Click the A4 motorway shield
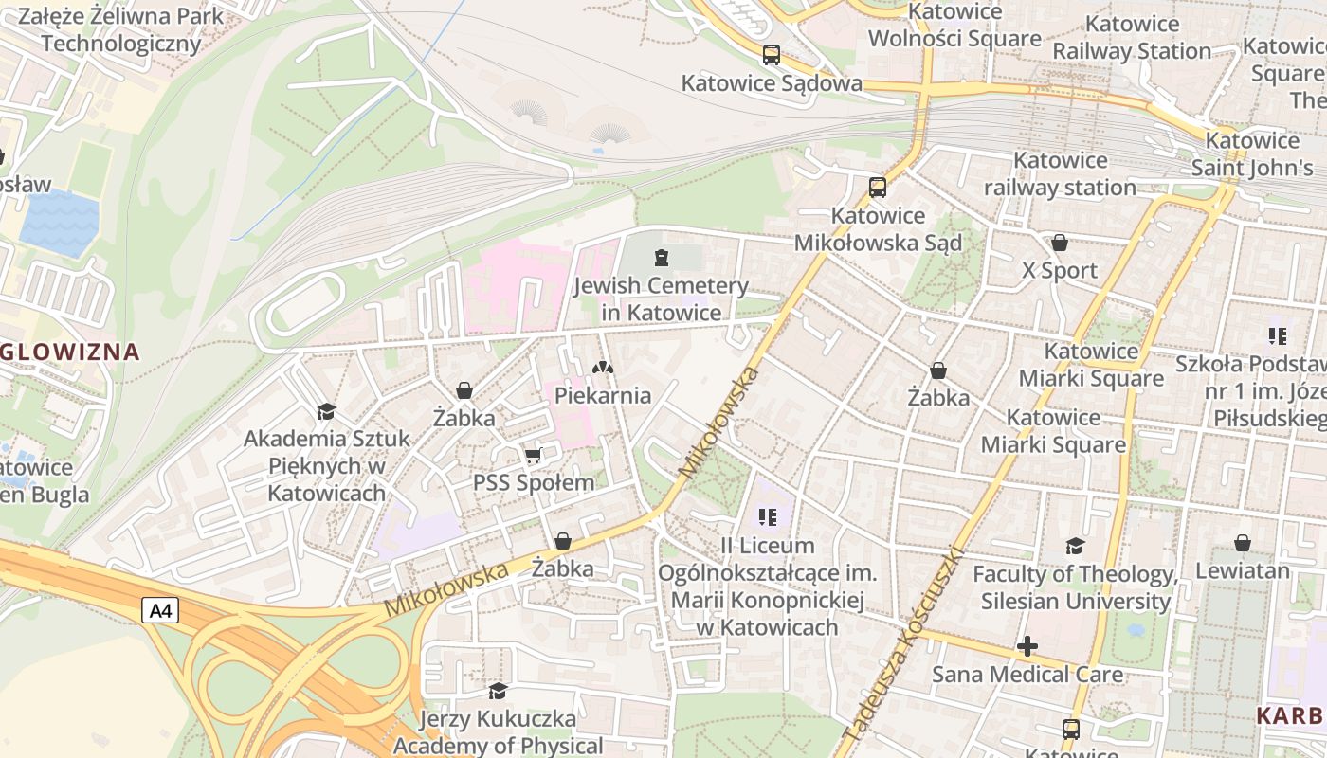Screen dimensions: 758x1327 pos(161,610)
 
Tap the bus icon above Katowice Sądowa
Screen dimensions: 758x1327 pos(772,55)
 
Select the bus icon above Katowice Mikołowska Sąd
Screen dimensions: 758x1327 pos(878,188)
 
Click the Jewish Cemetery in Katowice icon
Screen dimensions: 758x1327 pos(662,257)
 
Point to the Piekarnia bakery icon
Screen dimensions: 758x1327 pos(602,367)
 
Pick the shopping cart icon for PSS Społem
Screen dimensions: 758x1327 pos(534,456)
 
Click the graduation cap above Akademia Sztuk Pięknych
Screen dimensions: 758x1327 pos(327,411)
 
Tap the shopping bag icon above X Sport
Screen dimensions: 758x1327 pos(1060,244)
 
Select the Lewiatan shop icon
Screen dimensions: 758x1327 pos(1243,543)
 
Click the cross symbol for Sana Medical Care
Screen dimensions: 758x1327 pos(1027,647)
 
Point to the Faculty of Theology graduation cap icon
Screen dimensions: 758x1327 pos(1075,546)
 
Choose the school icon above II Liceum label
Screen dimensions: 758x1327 pos(768,517)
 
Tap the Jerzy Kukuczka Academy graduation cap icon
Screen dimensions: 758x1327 pos(498,691)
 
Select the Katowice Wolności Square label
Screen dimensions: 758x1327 pos(954,26)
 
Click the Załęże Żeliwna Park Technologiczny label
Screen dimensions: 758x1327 pos(120,29)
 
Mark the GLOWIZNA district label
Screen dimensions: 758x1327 pos(70,352)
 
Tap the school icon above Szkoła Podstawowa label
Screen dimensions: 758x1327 pos(1277,335)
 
